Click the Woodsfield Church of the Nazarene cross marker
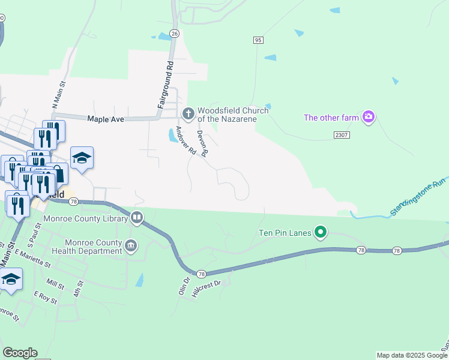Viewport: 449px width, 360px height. pyautogui.click(x=188, y=112)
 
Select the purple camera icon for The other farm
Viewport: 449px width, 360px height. pyautogui.click(x=369, y=117)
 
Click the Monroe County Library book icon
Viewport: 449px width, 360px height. pyautogui.click(x=137, y=217)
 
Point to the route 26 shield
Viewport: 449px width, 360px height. pyautogui.click(x=174, y=33)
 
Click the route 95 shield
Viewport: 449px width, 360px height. pyautogui.click(x=258, y=40)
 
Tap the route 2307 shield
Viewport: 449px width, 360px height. pyautogui.click(x=341, y=136)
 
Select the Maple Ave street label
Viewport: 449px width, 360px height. pyautogui.click(x=106, y=119)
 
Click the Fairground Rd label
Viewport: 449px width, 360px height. pyautogui.click(x=166, y=85)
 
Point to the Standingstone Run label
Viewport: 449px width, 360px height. pyautogui.click(x=418, y=197)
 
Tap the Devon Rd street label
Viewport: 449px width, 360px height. pyautogui.click(x=202, y=143)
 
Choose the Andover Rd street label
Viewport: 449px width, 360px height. pyautogui.click(x=185, y=142)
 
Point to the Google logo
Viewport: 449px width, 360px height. pyautogui.click(x=20, y=353)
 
